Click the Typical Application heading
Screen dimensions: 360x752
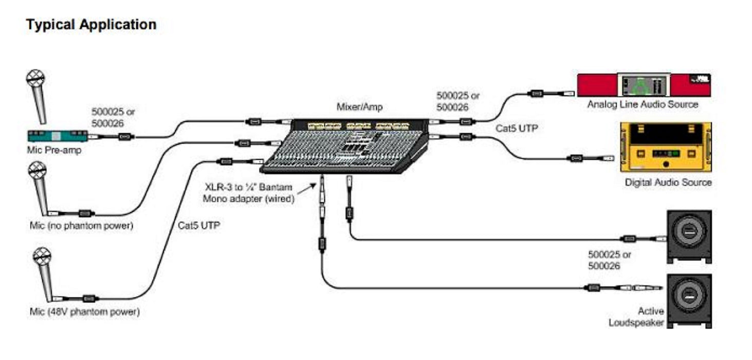coord(91,24)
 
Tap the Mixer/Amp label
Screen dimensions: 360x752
coord(359,107)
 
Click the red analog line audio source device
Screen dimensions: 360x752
coord(644,85)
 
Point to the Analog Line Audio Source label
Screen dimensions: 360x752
coord(643,104)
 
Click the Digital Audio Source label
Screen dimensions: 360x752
coord(668,182)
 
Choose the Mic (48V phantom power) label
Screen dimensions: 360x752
coord(84,312)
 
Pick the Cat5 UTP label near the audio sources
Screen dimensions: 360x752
coord(517,128)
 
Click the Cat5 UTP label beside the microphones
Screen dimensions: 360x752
coord(199,225)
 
